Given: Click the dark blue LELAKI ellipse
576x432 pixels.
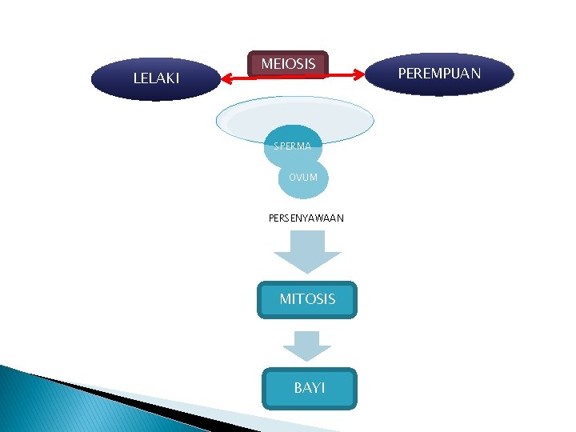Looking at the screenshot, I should (x=156, y=78).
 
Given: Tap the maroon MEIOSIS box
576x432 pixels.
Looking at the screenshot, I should (x=288, y=63).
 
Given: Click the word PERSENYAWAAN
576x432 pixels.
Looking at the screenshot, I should (x=306, y=217).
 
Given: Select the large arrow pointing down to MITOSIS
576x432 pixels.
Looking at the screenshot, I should (x=308, y=251).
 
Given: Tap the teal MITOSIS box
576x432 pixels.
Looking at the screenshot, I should (x=307, y=299).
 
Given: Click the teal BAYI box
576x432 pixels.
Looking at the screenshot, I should (x=309, y=388).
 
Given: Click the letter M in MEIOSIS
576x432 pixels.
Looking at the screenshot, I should (x=267, y=63).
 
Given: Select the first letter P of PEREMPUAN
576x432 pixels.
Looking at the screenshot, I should (x=402, y=74).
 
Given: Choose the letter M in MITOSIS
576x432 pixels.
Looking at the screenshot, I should (x=286, y=299).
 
